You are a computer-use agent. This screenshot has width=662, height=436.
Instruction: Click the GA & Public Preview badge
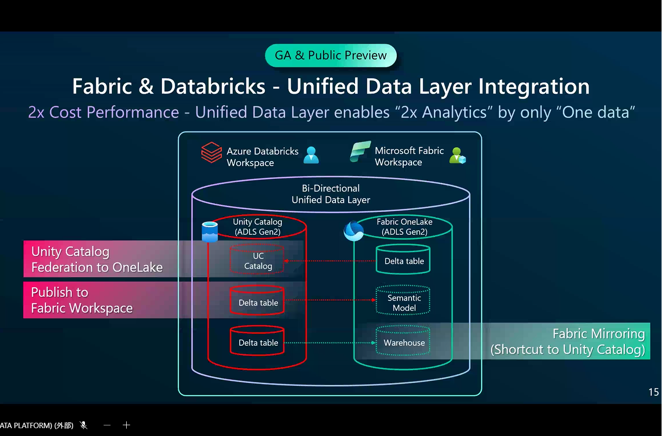[x=331, y=55]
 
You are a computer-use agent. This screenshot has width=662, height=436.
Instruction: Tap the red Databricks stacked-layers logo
[x=211, y=153]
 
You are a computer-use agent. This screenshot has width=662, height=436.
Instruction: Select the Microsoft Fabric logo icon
[x=360, y=152]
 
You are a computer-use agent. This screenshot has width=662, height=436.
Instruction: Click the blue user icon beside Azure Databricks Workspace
[x=311, y=155]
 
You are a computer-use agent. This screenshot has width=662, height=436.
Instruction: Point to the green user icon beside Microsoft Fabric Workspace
[x=457, y=155]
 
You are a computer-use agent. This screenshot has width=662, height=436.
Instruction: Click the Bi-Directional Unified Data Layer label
[x=331, y=194]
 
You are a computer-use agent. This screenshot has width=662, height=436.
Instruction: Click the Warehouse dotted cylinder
[x=404, y=342]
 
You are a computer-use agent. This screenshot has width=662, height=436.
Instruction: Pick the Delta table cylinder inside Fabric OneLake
[x=404, y=261]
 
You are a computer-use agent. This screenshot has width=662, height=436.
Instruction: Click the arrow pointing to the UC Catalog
[x=329, y=261]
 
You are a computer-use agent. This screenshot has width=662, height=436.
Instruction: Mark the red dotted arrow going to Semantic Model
[x=329, y=300]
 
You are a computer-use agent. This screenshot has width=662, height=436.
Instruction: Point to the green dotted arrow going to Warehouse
[x=329, y=343]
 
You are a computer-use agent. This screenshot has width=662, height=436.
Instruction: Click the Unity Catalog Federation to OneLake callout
[x=97, y=259]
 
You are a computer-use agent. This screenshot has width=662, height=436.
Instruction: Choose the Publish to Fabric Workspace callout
[x=82, y=300]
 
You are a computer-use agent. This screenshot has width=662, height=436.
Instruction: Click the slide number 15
[x=653, y=392]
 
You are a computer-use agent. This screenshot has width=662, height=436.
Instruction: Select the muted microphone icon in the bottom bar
[x=84, y=425]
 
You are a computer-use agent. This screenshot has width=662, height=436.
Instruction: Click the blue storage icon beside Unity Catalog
[x=210, y=232]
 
